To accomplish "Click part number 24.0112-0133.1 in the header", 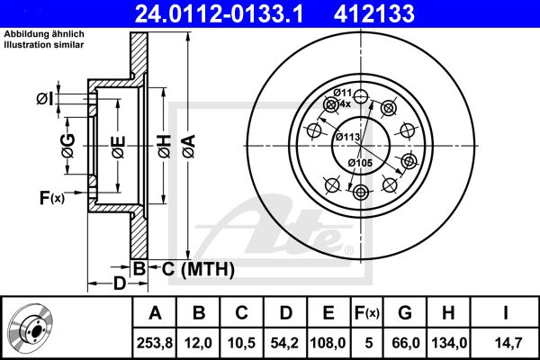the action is click(219, 14).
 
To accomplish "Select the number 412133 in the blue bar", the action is click(374, 14).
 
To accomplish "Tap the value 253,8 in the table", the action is click(155, 343).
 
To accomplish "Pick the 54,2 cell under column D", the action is click(284, 343).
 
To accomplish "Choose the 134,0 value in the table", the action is click(449, 343).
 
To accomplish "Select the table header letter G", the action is click(405, 313).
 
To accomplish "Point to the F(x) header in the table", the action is click(367, 313).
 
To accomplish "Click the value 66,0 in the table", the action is click(406, 343).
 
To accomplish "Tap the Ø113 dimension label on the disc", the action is click(347, 137).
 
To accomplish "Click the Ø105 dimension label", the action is click(360, 163).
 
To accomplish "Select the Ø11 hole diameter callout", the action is click(342, 93).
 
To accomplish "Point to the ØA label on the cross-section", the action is click(189, 147).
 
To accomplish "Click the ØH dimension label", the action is click(165, 147).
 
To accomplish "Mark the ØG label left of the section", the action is click(68, 146).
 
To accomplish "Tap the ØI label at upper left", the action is click(45, 99).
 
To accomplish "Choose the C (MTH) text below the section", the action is click(198, 269).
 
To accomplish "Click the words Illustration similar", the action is click(44, 45).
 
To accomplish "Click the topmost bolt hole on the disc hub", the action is click(361, 96).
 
